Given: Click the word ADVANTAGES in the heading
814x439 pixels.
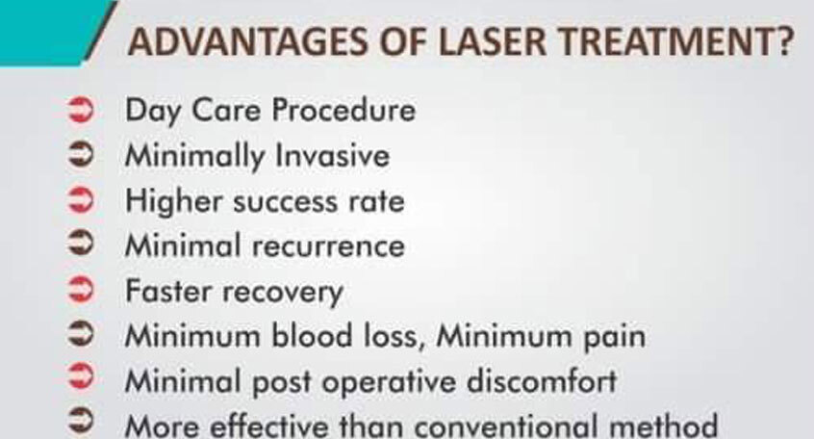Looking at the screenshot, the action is point(248,41).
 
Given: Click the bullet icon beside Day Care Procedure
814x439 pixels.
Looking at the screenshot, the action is point(81,110).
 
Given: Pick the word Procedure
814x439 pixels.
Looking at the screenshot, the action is point(343,110).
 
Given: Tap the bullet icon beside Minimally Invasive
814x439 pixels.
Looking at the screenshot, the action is point(81,155).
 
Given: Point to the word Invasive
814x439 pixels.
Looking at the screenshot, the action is point(332,155).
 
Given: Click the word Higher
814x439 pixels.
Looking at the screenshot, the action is point(174,201).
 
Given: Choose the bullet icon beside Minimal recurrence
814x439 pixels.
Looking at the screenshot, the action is point(81,244).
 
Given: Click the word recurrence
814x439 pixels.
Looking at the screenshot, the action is point(328,247).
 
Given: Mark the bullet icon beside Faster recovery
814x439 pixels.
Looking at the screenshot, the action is point(81,289).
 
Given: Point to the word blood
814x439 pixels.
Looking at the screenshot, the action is point(312,336).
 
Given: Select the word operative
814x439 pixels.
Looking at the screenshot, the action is point(389,383).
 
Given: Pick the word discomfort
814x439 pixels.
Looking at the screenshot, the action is point(542,381).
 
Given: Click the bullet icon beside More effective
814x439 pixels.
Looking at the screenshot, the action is point(81,420).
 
